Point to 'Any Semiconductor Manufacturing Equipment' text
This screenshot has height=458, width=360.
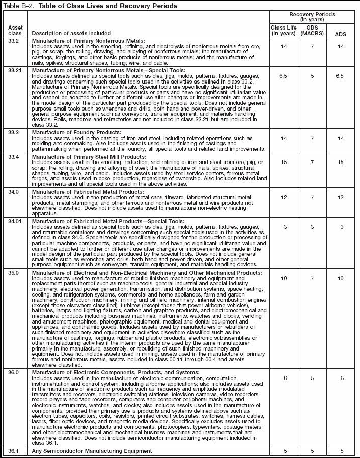(92, 451)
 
